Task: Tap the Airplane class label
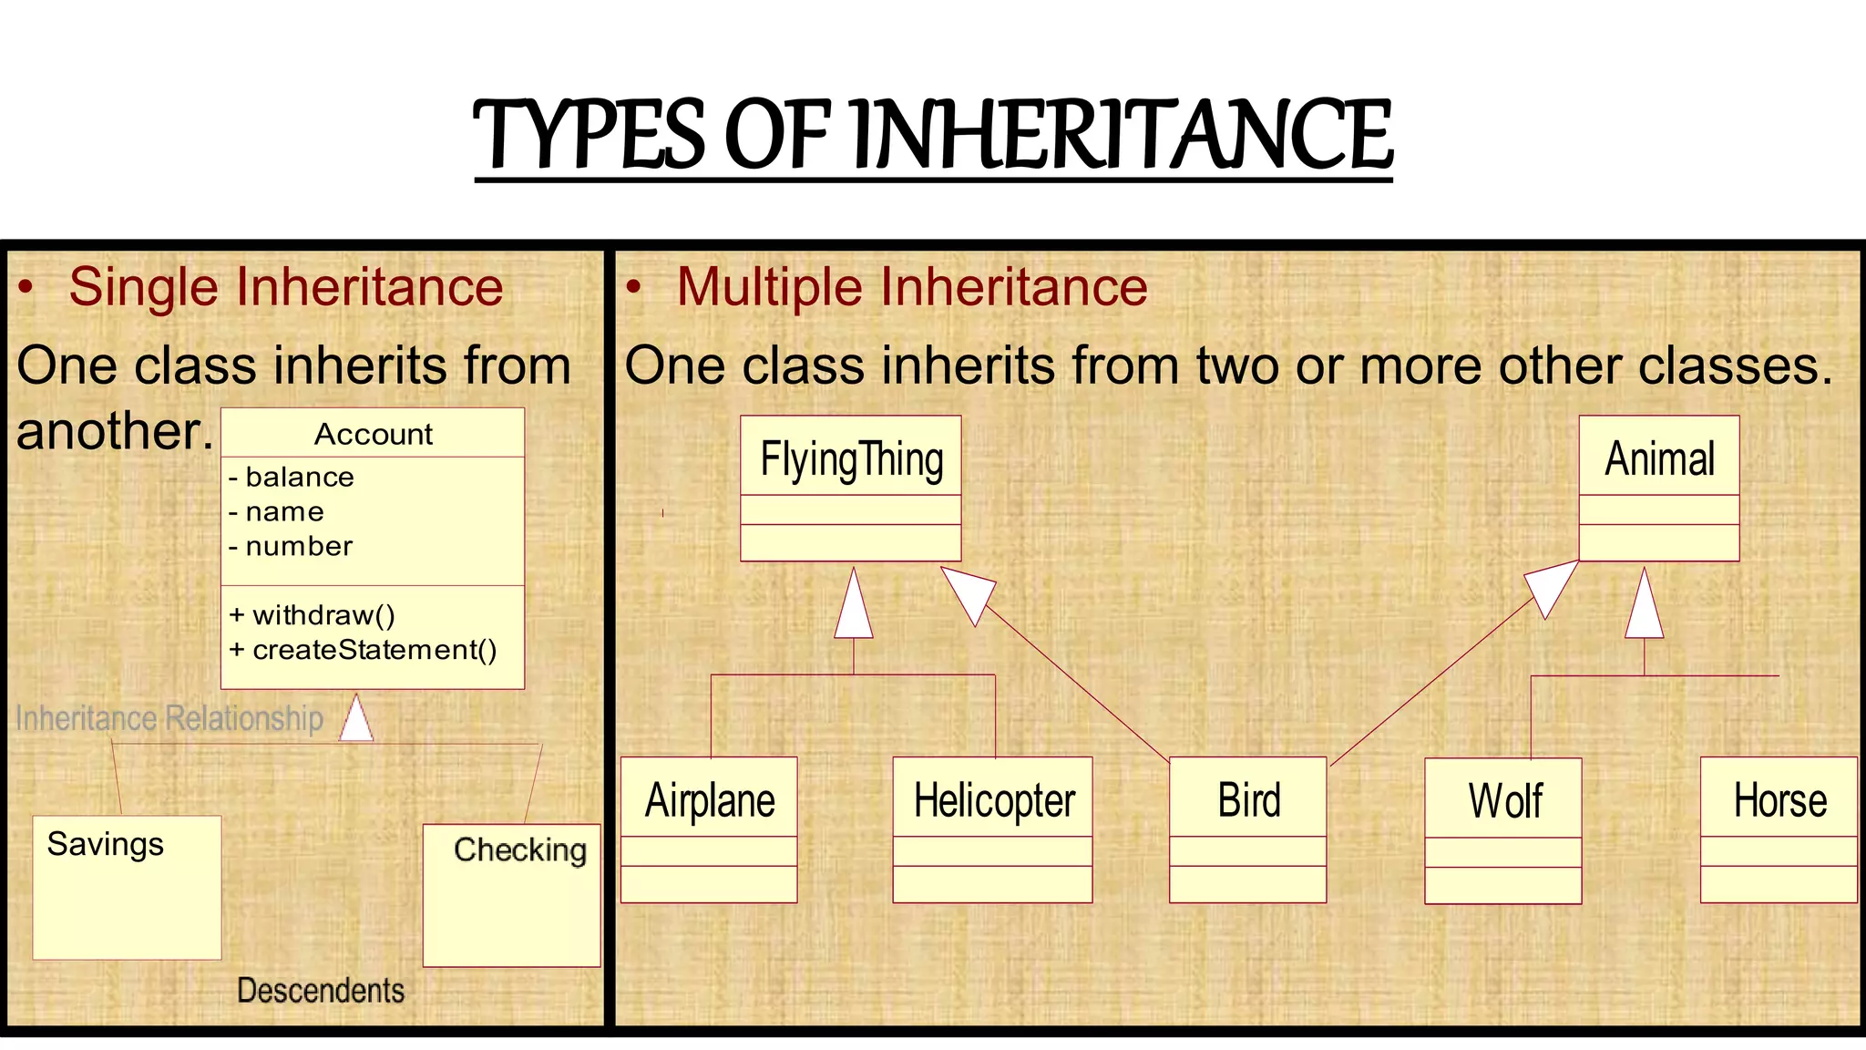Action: click(x=710, y=800)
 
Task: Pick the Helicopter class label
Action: click(x=994, y=800)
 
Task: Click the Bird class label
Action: click(x=1249, y=800)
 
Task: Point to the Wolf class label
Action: click(x=1505, y=801)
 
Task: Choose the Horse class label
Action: click(x=1779, y=800)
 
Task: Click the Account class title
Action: click(x=374, y=434)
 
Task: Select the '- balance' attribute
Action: click(x=292, y=477)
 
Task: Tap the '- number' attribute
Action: click(x=291, y=546)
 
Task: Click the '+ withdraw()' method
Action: click(x=313, y=615)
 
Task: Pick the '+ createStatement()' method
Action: click(x=364, y=650)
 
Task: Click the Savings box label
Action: click(x=106, y=844)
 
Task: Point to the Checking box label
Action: click(x=520, y=849)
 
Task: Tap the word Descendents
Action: click(x=321, y=990)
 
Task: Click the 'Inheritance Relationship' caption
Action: click(x=169, y=718)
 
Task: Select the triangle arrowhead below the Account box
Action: click(x=356, y=719)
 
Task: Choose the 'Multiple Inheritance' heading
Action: click(x=912, y=287)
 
